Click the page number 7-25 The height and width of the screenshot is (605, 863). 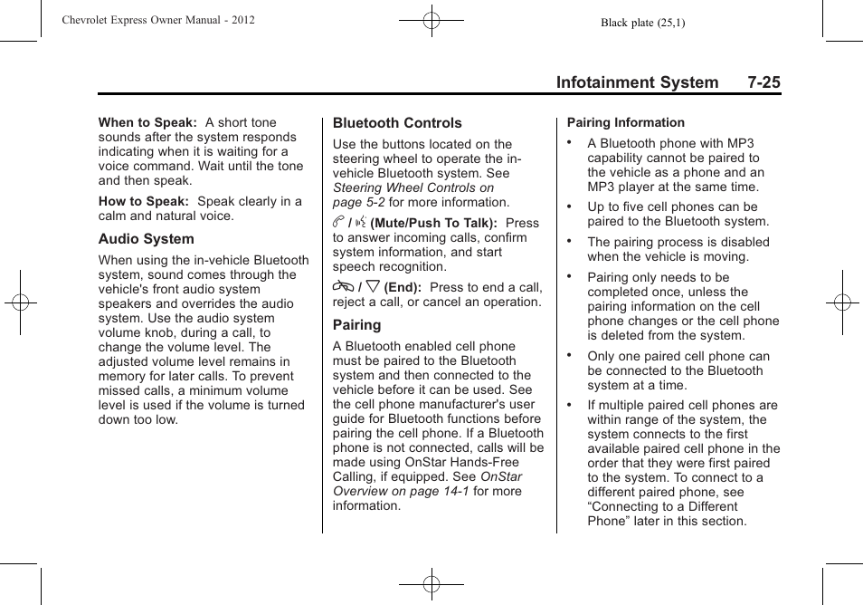click(x=763, y=82)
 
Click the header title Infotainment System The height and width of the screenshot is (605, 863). click(x=637, y=82)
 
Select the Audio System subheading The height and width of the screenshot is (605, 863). click(x=146, y=239)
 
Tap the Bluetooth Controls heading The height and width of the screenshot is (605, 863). click(x=397, y=123)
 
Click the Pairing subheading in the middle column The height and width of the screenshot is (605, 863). click(x=356, y=325)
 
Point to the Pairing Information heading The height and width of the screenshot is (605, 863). click(x=626, y=122)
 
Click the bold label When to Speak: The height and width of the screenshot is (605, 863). click(x=147, y=122)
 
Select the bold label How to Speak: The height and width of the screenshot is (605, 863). click(x=144, y=201)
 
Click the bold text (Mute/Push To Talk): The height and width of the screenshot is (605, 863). click(x=433, y=223)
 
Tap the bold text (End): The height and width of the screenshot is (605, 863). click(x=403, y=287)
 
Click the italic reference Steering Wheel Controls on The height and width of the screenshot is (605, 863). click(x=413, y=187)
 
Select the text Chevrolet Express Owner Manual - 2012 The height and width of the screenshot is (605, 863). click(x=158, y=20)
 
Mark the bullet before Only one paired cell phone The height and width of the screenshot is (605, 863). click(x=571, y=355)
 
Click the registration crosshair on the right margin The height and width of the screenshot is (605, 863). click(x=842, y=302)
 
